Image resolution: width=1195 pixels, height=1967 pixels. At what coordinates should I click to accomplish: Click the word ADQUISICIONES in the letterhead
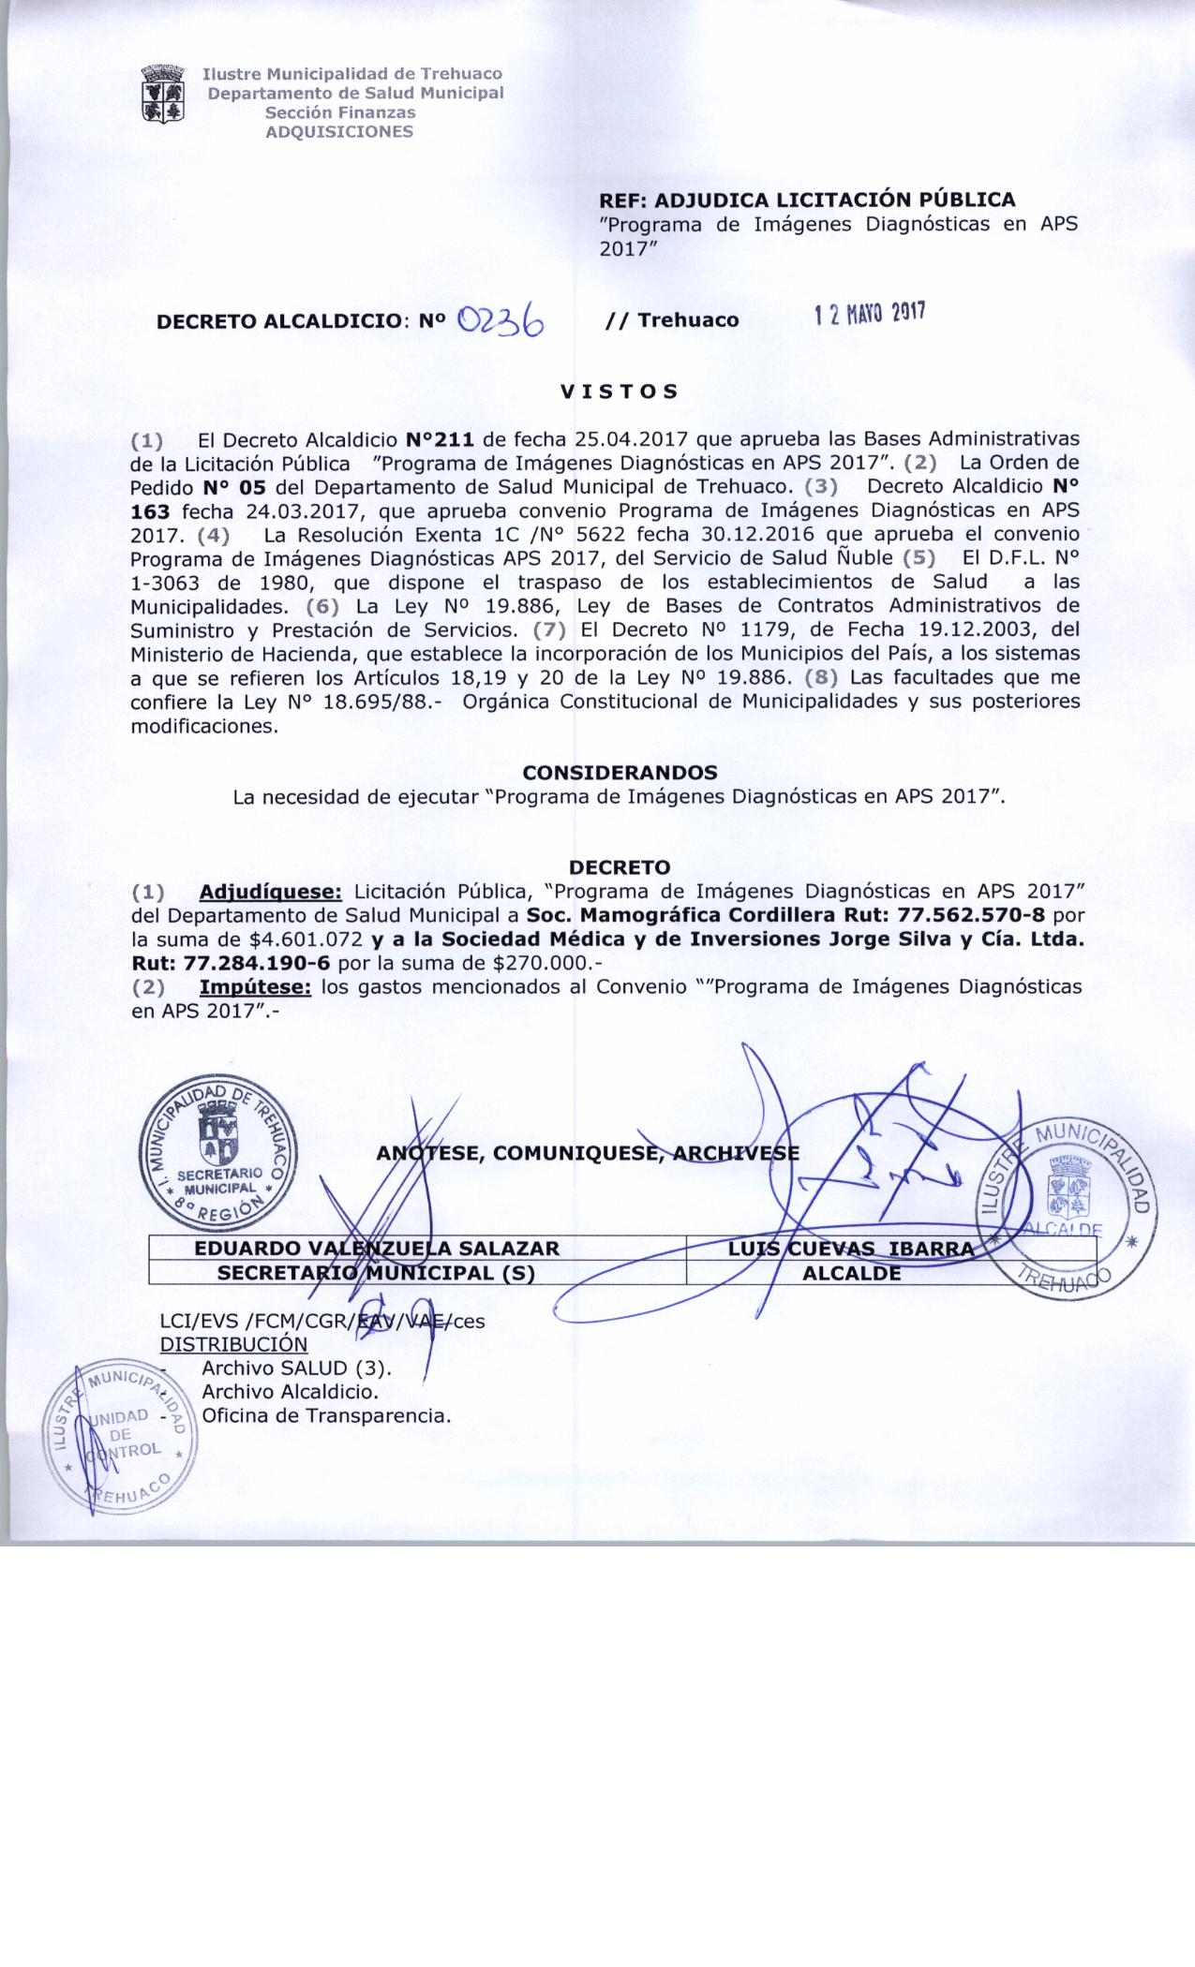tap(339, 132)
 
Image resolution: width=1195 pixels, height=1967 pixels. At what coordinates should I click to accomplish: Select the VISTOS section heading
tap(619, 392)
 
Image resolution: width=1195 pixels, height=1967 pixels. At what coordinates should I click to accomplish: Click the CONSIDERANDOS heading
tap(620, 773)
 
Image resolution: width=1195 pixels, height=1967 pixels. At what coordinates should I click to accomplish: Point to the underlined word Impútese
tap(255, 987)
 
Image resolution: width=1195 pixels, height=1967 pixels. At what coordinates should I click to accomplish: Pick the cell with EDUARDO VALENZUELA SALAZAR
tap(377, 1249)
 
